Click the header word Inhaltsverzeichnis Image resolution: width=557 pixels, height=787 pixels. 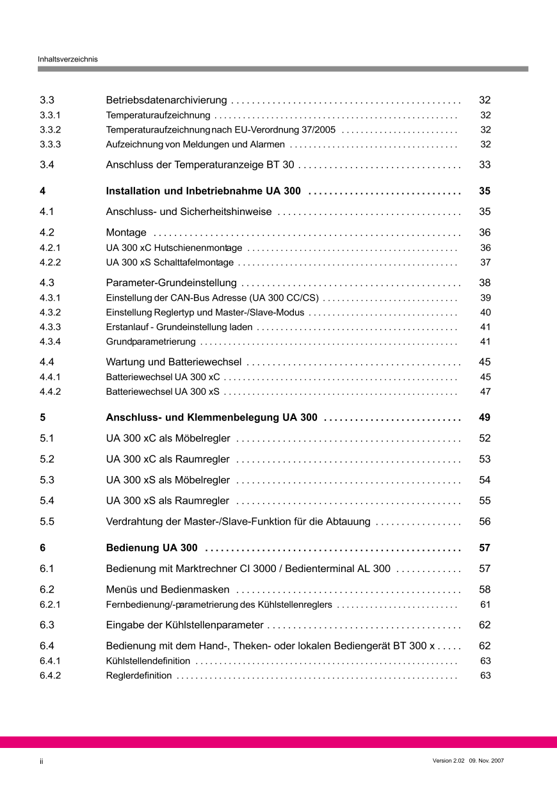pos(67,59)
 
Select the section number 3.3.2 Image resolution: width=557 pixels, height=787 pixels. pos(50,130)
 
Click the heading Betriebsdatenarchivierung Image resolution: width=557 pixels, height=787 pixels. pos(166,100)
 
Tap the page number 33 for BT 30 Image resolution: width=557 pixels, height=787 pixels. pos(485,165)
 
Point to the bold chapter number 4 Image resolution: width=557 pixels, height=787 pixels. pos(42,191)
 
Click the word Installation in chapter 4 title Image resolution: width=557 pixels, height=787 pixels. pos(133,191)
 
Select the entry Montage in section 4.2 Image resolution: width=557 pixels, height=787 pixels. pos(126,233)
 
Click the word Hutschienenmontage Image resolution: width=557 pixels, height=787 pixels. pos(198,248)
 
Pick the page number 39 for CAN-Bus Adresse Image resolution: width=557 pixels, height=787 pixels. pos(485,298)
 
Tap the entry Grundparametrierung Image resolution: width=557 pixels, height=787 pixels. pos(150,342)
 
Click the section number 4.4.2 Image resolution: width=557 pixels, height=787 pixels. pos(50,392)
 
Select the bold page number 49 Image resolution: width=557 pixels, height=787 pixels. pos(485,418)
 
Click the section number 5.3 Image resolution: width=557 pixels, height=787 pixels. pos(47,480)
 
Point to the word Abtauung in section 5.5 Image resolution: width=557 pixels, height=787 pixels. pos(348,521)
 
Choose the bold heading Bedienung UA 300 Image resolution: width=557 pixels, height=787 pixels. pos(152,548)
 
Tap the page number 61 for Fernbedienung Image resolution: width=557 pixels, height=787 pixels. pos(485,605)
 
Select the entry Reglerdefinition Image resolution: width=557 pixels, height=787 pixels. pos(139,676)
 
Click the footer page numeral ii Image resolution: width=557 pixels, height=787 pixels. pos(41,761)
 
